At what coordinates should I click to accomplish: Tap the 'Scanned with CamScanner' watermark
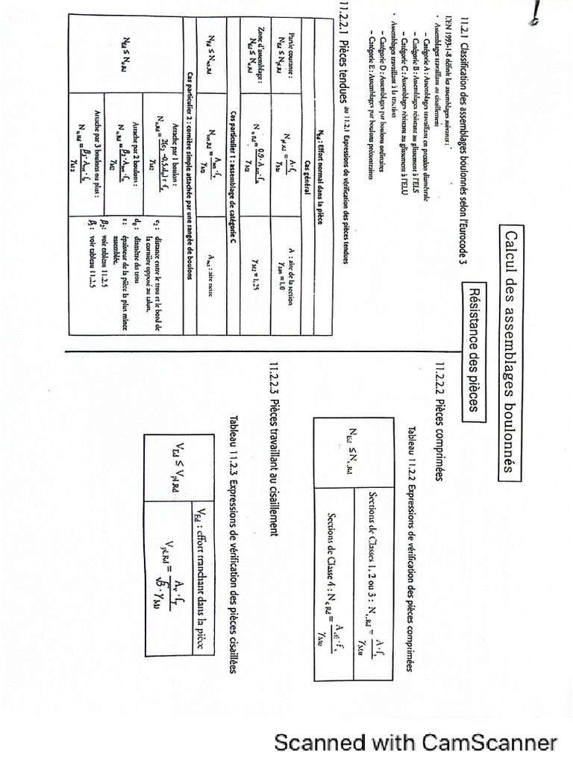tap(416, 743)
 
